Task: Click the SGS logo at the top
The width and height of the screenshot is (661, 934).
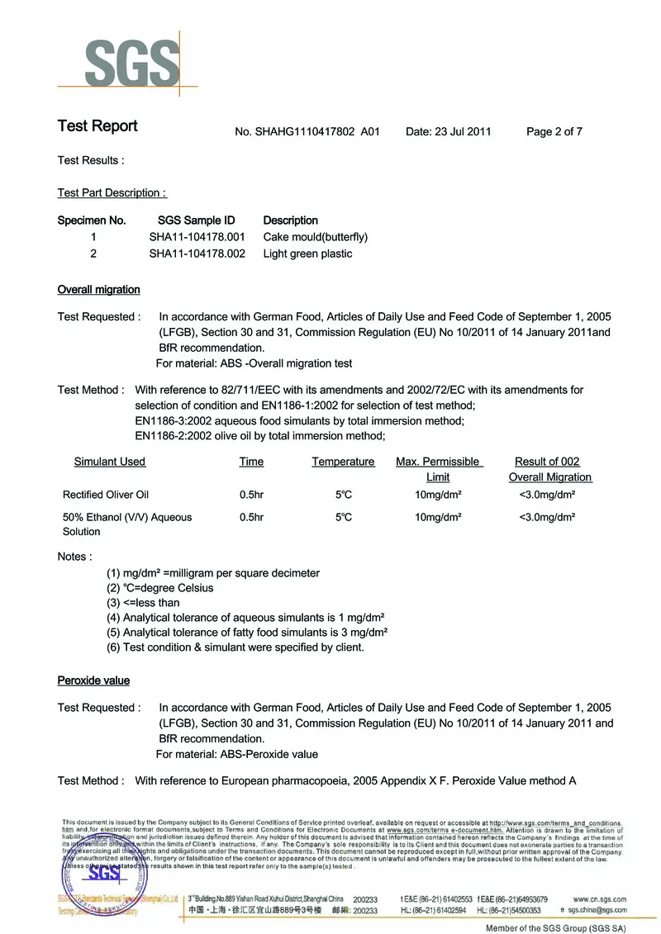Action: [x=131, y=59]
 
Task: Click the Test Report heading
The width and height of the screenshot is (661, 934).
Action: [x=97, y=126]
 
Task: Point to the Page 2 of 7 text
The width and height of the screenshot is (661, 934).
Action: [x=554, y=131]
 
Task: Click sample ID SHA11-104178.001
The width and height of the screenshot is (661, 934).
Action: [x=197, y=237]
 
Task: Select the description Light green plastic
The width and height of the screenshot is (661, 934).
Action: [x=307, y=254]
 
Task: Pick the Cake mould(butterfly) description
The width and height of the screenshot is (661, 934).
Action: [x=315, y=237]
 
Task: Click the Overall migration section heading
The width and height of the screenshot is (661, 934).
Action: [x=98, y=290]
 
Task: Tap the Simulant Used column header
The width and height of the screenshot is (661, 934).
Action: [x=110, y=462]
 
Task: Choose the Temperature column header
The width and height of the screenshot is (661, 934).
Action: [x=343, y=462]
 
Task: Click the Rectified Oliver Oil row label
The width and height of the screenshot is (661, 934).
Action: [x=106, y=495]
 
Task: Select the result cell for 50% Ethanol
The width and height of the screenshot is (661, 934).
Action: [x=546, y=517]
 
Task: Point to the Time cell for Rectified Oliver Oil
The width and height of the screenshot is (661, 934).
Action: [x=251, y=495]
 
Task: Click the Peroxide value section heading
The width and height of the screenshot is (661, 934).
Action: [x=93, y=680]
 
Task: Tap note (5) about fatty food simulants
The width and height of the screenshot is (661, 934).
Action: [x=247, y=632]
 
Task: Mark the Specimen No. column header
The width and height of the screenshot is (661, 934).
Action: [x=92, y=220]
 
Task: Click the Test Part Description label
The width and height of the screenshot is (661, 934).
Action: [x=112, y=192]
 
